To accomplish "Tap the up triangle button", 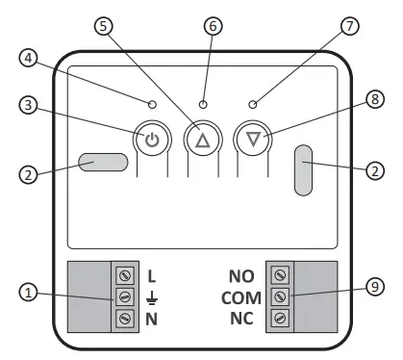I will coord(202,140).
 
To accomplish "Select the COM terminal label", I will coord(240,296).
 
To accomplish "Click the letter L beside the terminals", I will coord(151,276).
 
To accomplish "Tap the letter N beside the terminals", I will coord(151,318).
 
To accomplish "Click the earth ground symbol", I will coord(151,297).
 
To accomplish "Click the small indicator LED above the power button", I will coord(152,103).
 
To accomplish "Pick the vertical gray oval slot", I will coord(305,171).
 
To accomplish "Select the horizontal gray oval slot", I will coord(105,162).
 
